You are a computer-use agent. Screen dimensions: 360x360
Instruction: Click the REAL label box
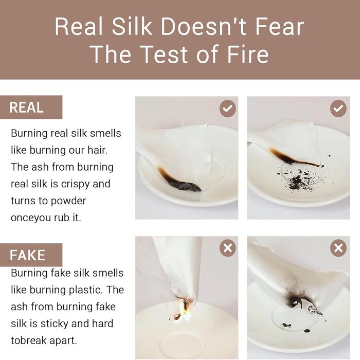31,107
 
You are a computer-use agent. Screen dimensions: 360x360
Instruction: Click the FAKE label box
31,255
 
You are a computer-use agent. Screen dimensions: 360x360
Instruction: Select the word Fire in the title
248,54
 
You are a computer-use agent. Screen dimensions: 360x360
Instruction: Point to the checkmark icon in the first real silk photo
227,109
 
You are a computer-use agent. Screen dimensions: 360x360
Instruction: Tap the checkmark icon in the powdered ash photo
338,109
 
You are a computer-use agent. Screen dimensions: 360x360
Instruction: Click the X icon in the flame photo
227,248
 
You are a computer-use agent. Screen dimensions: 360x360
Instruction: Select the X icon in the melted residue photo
338,248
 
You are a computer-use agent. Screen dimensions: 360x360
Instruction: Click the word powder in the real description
68,201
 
